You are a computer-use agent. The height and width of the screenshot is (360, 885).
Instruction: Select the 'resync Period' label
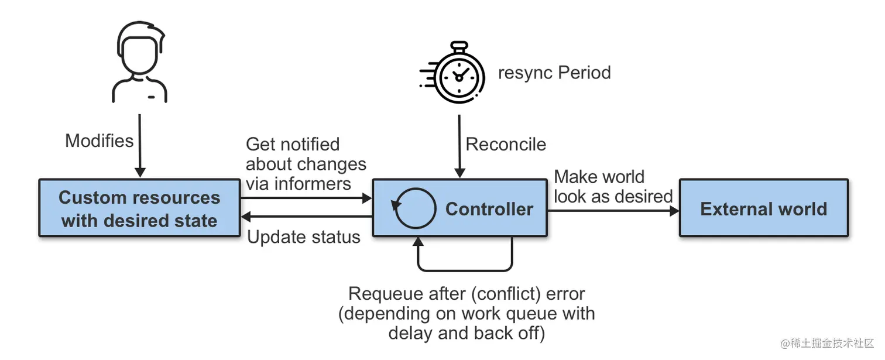pyautogui.click(x=554, y=73)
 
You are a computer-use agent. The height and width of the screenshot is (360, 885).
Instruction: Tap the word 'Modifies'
pyautogui.click(x=99, y=140)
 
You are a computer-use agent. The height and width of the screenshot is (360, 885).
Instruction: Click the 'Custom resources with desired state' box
pyautogui.click(x=139, y=208)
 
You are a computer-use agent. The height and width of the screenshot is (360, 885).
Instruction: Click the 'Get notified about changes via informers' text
pyautogui.click(x=306, y=164)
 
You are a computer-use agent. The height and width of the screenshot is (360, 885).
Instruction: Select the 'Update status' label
pyautogui.click(x=303, y=237)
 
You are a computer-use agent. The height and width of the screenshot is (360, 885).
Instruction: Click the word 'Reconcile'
pyautogui.click(x=506, y=144)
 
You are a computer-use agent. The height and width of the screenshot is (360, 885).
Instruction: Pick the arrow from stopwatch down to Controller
pyautogui.click(x=460, y=146)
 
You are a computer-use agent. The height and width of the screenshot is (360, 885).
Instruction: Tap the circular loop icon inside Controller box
pyautogui.click(x=414, y=208)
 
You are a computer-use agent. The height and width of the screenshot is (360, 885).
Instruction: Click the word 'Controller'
pyautogui.click(x=489, y=209)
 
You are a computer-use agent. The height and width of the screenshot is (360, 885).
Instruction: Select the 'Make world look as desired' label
pyautogui.click(x=612, y=186)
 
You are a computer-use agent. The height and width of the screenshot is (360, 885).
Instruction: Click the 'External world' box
pyautogui.click(x=763, y=208)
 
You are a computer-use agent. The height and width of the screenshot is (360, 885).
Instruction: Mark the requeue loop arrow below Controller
pyautogui.click(x=465, y=270)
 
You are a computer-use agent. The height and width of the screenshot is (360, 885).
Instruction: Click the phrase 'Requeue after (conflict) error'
pyautogui.click(x=466, y=293)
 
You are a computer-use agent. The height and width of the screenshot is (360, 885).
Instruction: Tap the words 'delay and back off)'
pyautogui.click(x=466, y=334)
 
